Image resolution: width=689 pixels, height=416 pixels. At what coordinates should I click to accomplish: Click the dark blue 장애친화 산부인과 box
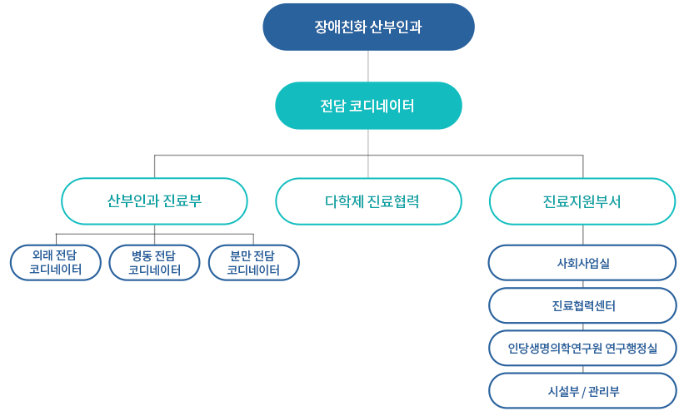tap(368, 27)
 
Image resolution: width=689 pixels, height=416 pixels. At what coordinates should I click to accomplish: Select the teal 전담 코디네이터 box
tap(368, 106)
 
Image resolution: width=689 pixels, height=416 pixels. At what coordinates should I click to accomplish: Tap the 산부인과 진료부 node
tap(154, 201)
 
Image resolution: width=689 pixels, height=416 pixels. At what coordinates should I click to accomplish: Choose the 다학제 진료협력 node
tap(368, 201)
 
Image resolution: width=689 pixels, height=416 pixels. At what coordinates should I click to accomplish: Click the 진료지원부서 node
tap(582, 201)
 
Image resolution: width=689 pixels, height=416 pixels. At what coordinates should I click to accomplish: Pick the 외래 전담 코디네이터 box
tap(56, 262)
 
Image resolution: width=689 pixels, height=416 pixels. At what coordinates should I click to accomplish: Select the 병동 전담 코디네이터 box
tap(154, 262)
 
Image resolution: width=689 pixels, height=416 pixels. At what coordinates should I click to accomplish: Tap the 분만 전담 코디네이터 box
tap(253, 262)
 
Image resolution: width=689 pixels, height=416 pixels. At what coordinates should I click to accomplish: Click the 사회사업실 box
tap(582, 263)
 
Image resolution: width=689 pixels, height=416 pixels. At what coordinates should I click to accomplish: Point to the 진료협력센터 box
tap(582, 305)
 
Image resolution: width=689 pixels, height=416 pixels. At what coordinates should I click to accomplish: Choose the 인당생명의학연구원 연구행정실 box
tap(582, 349)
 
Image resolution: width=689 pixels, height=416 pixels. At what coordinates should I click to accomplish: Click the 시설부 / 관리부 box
tap(582, 391)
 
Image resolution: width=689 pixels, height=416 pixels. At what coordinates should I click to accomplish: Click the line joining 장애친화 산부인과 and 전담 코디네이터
tap(368, 67)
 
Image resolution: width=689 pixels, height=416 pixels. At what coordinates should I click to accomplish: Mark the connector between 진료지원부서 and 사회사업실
tap(583, 235)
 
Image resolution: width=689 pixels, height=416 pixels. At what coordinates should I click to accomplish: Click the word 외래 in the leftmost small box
tap(42, 255)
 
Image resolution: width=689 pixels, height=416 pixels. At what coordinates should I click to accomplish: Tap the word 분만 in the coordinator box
tap(240, 255)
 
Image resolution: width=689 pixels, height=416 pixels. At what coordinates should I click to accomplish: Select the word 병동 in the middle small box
tap(141, 255)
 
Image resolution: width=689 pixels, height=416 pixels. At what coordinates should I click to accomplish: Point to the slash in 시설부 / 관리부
tap(583, 391)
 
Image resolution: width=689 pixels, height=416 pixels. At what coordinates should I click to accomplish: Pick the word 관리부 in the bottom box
tap(604, 391)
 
